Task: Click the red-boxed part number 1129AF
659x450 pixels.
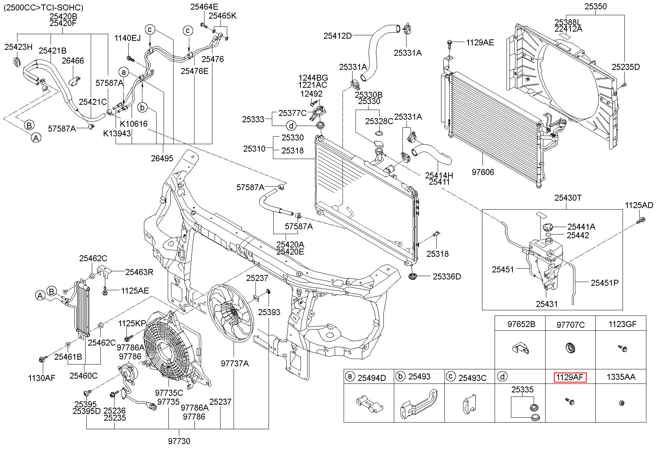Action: pos(570,378)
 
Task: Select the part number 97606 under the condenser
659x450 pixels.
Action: pos(483,172)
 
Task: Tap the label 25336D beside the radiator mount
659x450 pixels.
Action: pos(447,276)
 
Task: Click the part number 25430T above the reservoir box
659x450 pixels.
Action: pos(568,198)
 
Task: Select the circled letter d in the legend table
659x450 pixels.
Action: pos(502,377)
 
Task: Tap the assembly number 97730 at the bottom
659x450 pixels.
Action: pos(179,441)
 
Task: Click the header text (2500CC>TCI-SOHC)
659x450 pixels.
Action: pos(44,7)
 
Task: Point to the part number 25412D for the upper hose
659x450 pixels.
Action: pos(337,36)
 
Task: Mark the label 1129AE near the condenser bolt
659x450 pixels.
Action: pos(480,43)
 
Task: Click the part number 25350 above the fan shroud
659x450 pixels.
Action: pos(595,6)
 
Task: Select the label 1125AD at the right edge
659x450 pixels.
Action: pos(639,205)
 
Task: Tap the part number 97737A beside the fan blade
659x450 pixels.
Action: pos(234,363)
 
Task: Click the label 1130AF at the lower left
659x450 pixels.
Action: pos(42,378)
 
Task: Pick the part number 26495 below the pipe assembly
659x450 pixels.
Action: pos(162,158)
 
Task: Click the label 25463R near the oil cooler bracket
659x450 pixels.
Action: pos(139,272)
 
